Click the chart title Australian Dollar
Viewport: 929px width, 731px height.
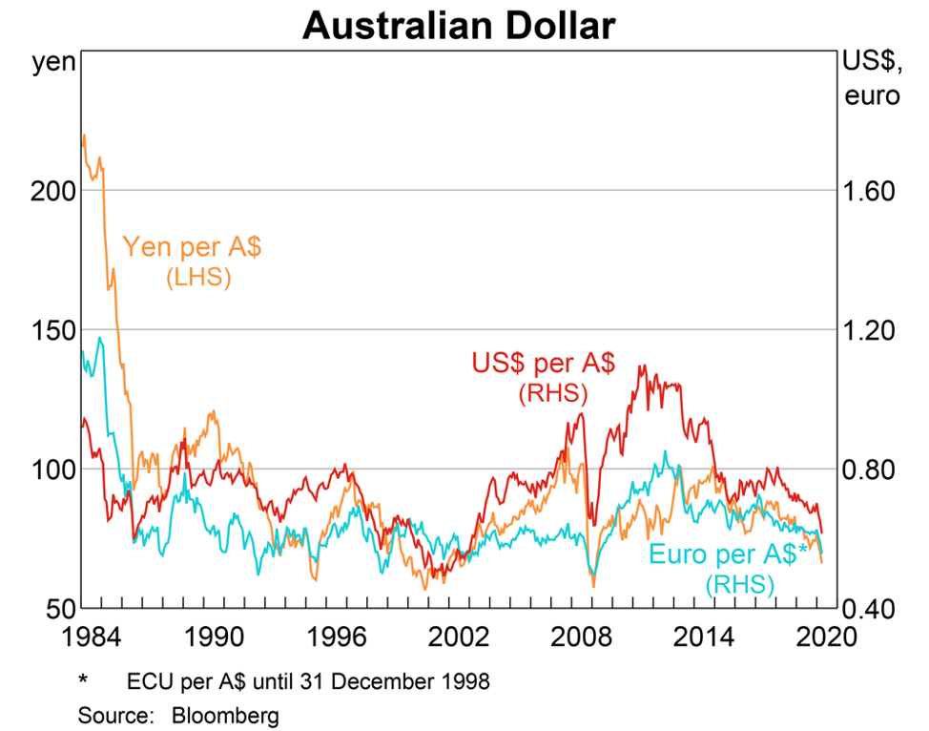[x=459, y=26]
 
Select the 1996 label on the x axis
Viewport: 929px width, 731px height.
[x=334, y=637]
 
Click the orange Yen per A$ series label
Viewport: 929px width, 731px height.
[x=193, y=247]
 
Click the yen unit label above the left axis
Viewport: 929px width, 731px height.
[x=53, y=63]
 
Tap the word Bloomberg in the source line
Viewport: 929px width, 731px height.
[x=225, y=713]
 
